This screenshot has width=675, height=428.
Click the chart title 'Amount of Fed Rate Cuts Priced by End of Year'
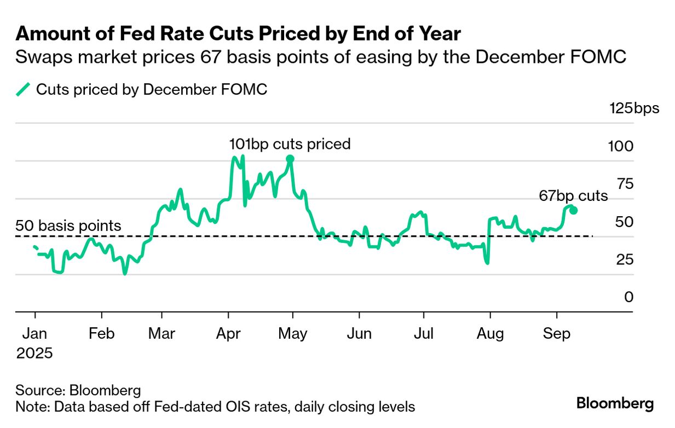[x=238, y=34]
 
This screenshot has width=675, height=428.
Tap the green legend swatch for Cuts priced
[x=23, y=89]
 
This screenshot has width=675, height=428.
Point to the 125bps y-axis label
[x=634, y=108]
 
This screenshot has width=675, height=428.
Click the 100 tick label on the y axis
[x=621, y=146]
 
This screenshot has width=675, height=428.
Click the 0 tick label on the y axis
[x=628, y=297]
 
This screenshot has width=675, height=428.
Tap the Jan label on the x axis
[x=35, y=333]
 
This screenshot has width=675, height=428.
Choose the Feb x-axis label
[x=101, y=333]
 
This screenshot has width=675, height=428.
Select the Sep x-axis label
[x=557, y=333]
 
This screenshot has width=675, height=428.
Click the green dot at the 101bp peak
[x=290, y=159]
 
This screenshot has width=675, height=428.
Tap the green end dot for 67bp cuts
[x=573, y=210]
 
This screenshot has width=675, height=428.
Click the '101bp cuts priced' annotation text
[x=290, y=144]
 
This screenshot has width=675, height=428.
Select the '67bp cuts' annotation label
[x=573, y=196]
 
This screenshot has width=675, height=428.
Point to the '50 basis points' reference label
[x=68, y=225]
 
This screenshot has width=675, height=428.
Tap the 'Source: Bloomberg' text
[x=78, y=391]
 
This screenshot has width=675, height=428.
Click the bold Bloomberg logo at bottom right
[x=615, y=404]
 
